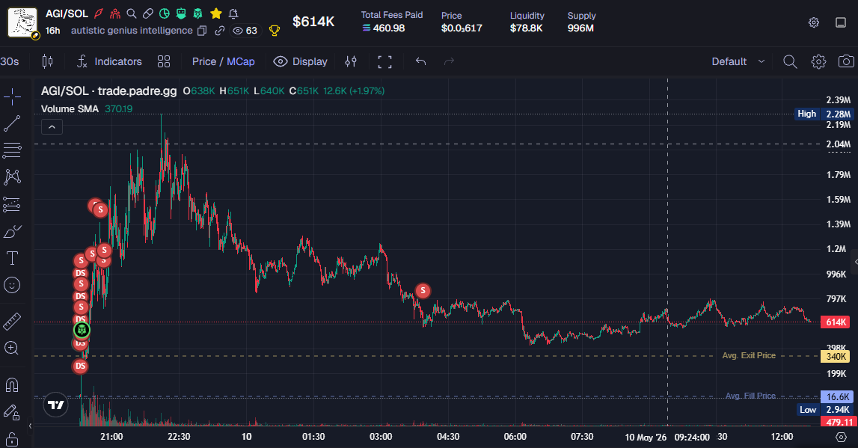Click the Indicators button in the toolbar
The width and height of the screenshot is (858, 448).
[x=109, y=61]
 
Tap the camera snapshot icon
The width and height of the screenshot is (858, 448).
[x=846, y=61]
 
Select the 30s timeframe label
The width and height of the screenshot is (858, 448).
[x=9, y=61]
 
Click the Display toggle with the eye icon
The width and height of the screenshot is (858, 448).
[x=301, y=61]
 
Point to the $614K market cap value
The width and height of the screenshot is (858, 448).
[x=313, y=22]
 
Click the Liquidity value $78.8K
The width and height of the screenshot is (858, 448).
[x=527, y=28]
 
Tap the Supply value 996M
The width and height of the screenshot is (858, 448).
[x=580, y=28]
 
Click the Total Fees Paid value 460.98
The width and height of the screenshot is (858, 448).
[x=384, y=28]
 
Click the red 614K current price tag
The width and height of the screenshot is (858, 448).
[x=836, y=322]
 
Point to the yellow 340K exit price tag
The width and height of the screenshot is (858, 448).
[x=835, y=357]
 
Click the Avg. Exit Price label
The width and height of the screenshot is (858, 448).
[x=749, y=355]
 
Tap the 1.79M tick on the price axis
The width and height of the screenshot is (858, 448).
[x=839, y=175]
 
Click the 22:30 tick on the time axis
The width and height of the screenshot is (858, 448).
[x=179, y=437]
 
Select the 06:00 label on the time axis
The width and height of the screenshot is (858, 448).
[x=515, y=437]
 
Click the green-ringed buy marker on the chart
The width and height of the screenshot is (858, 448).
[x=82, y=330]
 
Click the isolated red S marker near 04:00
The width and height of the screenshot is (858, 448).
[x=423, y=290]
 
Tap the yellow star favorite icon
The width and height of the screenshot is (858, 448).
[x=216, y=13]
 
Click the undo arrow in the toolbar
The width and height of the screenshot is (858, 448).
[x=420, y=61]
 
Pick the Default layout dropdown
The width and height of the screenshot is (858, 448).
[x=738, y=61]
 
